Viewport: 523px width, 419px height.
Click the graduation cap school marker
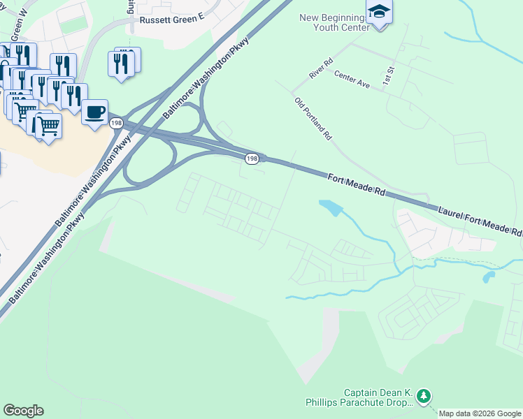click(379, 12)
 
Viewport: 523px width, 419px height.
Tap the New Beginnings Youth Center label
click(334, 22)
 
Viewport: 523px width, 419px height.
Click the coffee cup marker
click(94, 112)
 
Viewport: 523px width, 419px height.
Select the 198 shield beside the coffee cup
click(117, 123)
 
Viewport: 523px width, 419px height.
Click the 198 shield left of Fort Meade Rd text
click(252, 159)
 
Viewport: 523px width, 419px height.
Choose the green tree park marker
click(423, 397)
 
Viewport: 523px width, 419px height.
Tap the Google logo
click(23, 411)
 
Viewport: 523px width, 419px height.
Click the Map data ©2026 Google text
click(480, 413)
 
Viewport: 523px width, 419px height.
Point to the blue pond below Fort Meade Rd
click(330, 207)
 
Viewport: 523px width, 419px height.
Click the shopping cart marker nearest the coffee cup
click(48, 126)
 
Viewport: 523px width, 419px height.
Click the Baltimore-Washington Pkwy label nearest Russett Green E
click(206, 77)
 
